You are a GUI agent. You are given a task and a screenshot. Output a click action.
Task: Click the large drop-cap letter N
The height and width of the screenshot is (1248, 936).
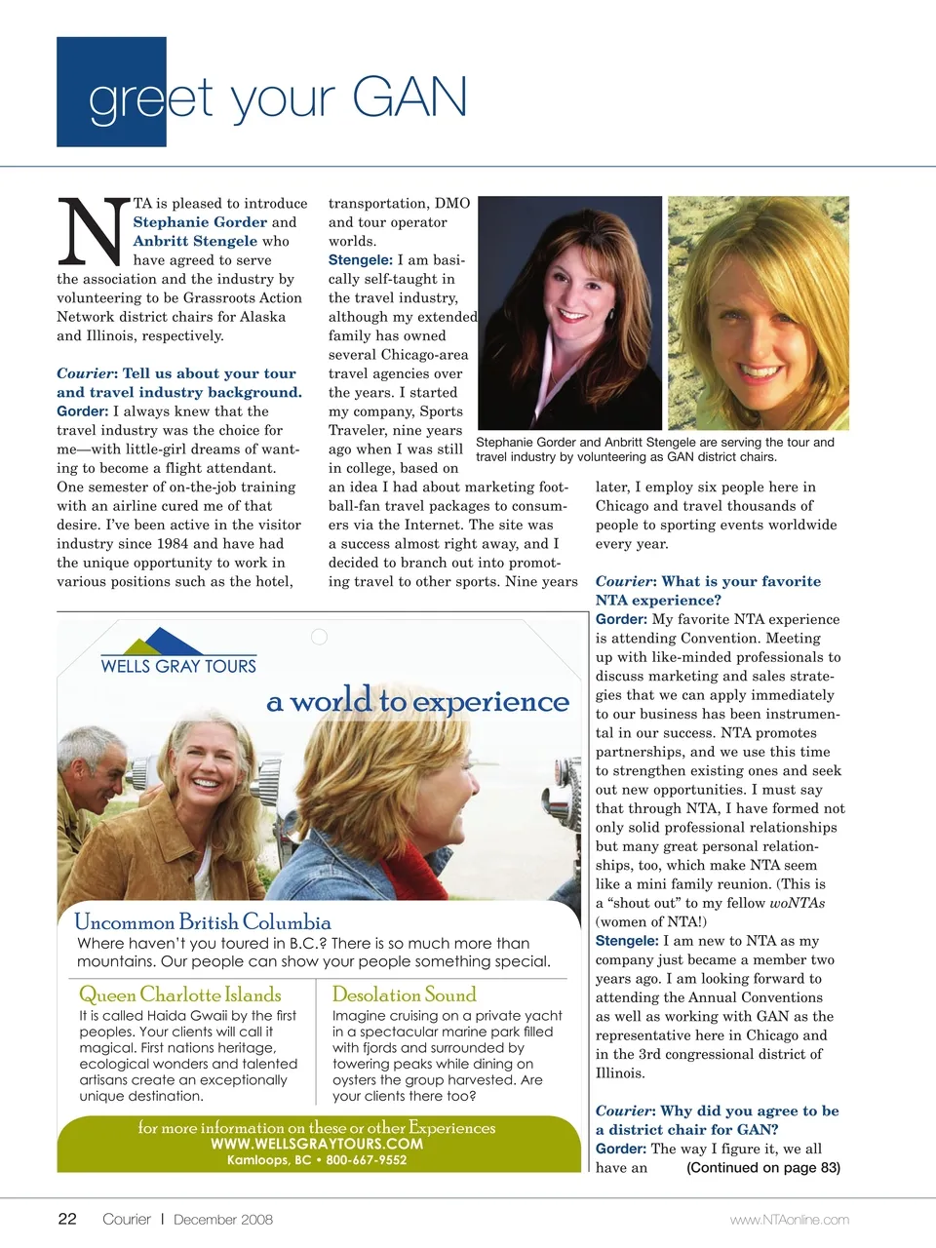pyautogui.click(x=93, y=231)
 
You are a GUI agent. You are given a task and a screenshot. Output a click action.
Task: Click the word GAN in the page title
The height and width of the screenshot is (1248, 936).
pyautogui.click(x=409, y=97)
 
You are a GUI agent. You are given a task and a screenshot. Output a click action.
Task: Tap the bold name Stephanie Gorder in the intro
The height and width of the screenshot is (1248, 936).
pyautogui.click(x=200, y=222)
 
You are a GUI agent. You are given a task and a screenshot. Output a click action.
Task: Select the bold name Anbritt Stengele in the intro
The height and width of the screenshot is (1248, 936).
pyautogui.click(x=195, y=241)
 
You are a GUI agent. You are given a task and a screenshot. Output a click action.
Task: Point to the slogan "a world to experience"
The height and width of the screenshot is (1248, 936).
pyautogui.click(x=417, y=701)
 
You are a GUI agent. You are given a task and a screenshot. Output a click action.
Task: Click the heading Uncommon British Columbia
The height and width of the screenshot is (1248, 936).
pyautogui.click(x=202, y=922)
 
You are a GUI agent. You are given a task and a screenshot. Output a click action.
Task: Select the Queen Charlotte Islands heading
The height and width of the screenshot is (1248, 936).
pyautogui.click(x=179, y=994)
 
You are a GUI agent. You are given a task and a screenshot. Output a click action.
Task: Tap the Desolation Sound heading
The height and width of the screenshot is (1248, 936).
pyautogui.click(x=404, y=994)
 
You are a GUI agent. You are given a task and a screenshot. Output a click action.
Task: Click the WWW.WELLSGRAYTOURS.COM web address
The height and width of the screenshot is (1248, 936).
pyautogui.click(x=317, y=1144)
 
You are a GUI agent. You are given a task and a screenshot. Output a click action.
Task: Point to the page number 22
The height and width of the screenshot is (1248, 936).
pyautogui.click(x=67, y=1219)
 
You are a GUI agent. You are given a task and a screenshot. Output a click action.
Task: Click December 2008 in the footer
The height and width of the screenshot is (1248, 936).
pyautogui.click(x=223, y=1219)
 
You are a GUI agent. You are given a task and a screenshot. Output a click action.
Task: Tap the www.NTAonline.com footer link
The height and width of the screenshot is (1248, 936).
pyautogui.click(x=789, y=1220)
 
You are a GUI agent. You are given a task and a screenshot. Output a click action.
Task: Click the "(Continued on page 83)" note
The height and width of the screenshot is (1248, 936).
pyautogui.click(x=763, y=1168)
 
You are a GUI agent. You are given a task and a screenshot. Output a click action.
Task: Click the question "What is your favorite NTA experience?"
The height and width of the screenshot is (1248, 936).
pyautogui.click(x=708, y=591)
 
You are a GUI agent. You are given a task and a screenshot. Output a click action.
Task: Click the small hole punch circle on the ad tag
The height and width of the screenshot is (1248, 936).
pyautogui.click(x=319, y=637)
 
